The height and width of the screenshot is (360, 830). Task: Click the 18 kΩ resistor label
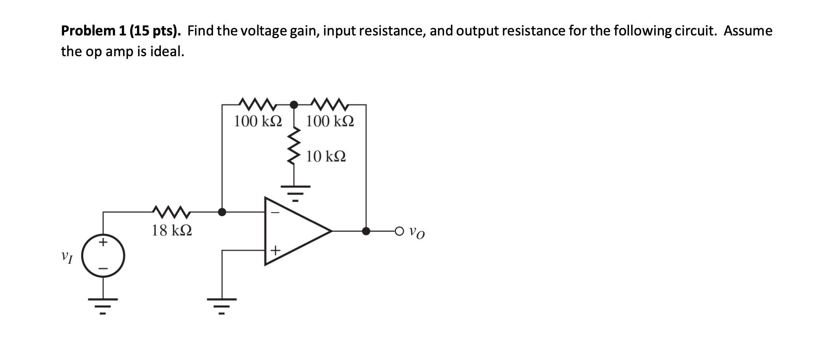click(x=172, y=230)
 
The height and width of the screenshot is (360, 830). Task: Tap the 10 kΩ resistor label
click(x=326, y=157)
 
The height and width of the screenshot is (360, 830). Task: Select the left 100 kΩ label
click(x=258, y=121)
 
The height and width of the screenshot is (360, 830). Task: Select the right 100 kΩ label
click(x=330, y=121)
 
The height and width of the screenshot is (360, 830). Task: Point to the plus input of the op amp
click(x=275, y=250)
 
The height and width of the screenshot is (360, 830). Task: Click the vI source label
click(x=67, y=257)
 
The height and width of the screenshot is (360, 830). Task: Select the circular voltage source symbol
click(x=104, y=256)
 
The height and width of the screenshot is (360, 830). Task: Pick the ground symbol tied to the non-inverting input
click(x=222, y=305)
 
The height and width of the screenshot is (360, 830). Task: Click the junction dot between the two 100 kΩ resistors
click(x=294, y=105)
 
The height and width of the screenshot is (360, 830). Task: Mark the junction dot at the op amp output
click(x=366, y=231)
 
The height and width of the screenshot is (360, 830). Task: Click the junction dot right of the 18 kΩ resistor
click(x=222, y=212)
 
